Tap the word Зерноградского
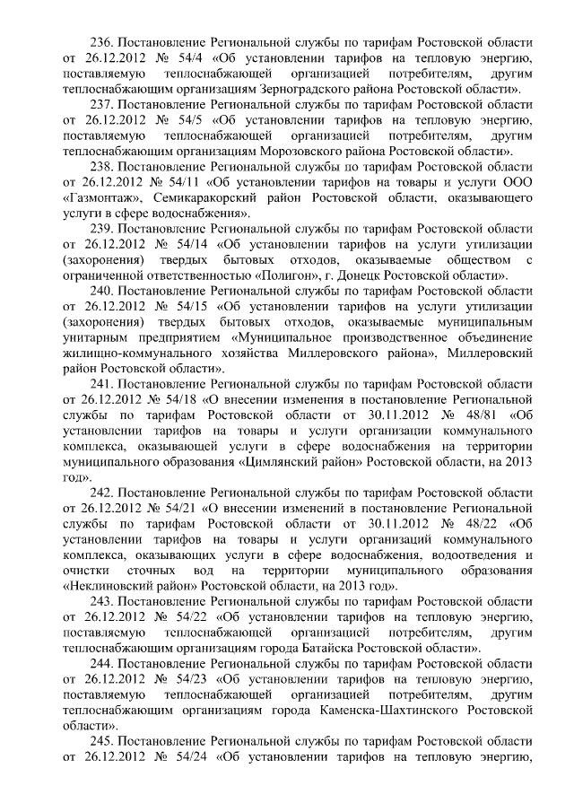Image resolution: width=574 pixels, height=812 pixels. [x=303, y=91]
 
